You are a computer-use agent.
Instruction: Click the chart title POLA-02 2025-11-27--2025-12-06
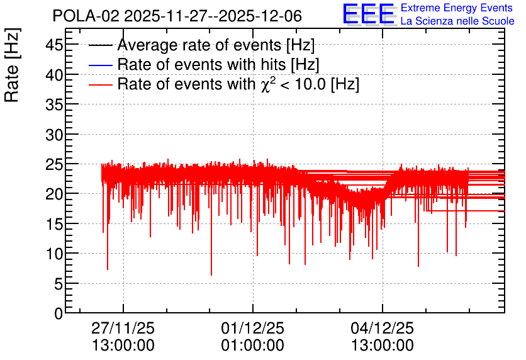tap(177, 16)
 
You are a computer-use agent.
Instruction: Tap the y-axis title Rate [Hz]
tap(12, 65)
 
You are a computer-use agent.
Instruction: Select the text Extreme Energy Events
tap(456, 8)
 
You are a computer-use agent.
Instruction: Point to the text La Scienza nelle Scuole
tap(457, 21)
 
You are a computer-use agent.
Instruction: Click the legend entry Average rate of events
tap(216, 45)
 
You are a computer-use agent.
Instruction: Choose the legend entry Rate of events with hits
tap(218, 64)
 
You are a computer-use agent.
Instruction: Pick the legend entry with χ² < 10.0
tap(238, 84)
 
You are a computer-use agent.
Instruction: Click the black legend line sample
tap(101, 45)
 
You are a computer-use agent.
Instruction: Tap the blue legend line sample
tap(101, 65)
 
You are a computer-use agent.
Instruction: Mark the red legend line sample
tap(101, 84)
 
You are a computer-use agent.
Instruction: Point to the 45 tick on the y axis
tap(54, 45)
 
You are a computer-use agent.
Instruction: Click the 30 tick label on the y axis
tap(54, 134)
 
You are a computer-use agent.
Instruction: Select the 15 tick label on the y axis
tap(54, 224)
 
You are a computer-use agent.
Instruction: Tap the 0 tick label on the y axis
tap(59, 313)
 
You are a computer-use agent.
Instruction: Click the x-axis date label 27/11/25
tap(123, 328)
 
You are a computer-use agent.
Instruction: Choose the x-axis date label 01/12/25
tap(252, 328)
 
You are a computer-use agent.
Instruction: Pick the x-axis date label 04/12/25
tap(383, 328)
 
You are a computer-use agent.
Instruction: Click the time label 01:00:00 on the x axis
tap(252, 345)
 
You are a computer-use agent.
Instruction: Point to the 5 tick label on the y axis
tap(59, 284)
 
